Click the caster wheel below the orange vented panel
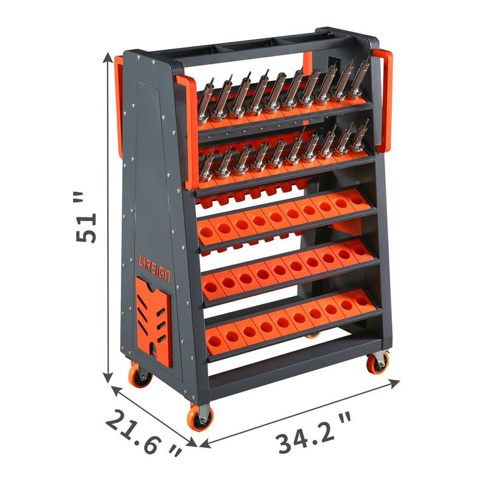tap(140, 375)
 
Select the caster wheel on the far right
tap(377, 362)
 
